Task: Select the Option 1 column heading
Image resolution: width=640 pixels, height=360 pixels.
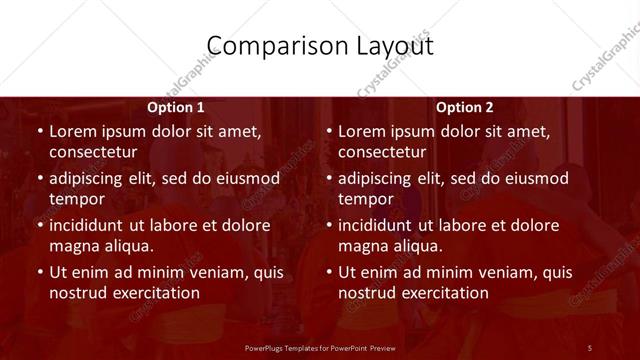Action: tap(176, 107)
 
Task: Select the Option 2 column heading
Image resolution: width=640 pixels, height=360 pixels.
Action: tap(465, 107)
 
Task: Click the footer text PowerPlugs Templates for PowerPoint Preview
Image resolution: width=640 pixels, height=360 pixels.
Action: tap(319, 346)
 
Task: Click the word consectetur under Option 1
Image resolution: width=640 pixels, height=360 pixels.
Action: tap(93, 152)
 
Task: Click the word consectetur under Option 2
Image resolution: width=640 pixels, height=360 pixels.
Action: tap(382, 152)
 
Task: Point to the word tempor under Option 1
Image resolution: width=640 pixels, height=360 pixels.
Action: tap(77, 199)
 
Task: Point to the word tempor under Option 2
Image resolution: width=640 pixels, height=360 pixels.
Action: tap(366, 199)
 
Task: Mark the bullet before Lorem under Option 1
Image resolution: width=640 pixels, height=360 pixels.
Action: tap(39, 132)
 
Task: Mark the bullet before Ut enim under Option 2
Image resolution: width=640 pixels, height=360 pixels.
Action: tap(328, 272)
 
